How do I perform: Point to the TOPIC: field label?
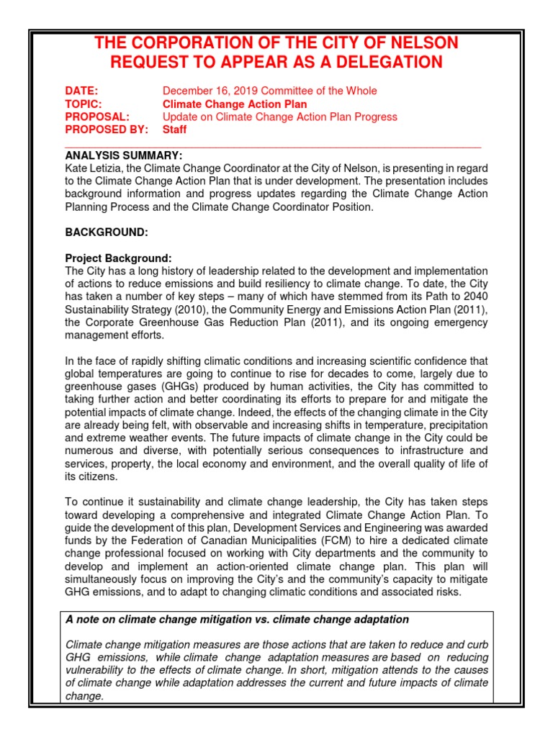(x=84, y=104)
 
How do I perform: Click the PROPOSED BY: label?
(x=107, y=130)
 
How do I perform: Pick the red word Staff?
(x=174, y=130)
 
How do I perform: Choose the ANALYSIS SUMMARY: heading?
(x=124, y=155)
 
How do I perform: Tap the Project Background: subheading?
(x=118, y=258)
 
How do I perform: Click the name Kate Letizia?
(x=92, y=168)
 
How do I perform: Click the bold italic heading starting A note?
(x=237, y=619)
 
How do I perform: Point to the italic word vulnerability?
(x=96, y=671)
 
